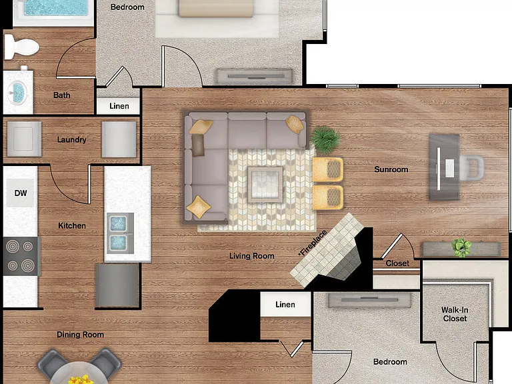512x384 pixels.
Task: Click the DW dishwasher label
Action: (21, 193)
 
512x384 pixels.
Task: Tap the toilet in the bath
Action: (21, 47)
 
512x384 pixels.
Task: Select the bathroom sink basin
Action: (17, 93)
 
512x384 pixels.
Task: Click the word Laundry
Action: (71, 140)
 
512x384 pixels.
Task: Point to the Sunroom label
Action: (391, 169)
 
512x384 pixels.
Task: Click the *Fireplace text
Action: (313, 243)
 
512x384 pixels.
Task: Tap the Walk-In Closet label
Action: (455, 314)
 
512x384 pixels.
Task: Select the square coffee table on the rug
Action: (265, 184)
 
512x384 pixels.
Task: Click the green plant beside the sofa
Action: (325, 140)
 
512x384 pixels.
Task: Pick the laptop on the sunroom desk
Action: (449, 168)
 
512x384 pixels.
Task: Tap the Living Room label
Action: (252, 256)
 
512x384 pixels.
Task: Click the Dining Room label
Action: (80, 335)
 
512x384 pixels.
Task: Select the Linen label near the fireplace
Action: (285, 305)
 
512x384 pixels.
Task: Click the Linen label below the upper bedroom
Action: (119, 106)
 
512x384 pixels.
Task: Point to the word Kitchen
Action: (72, 225)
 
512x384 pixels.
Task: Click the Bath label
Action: (62, 95)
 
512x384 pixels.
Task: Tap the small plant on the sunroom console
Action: (461, 247)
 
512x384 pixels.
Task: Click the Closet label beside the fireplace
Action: (397, 263)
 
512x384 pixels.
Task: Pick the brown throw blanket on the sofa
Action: (197, 145)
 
